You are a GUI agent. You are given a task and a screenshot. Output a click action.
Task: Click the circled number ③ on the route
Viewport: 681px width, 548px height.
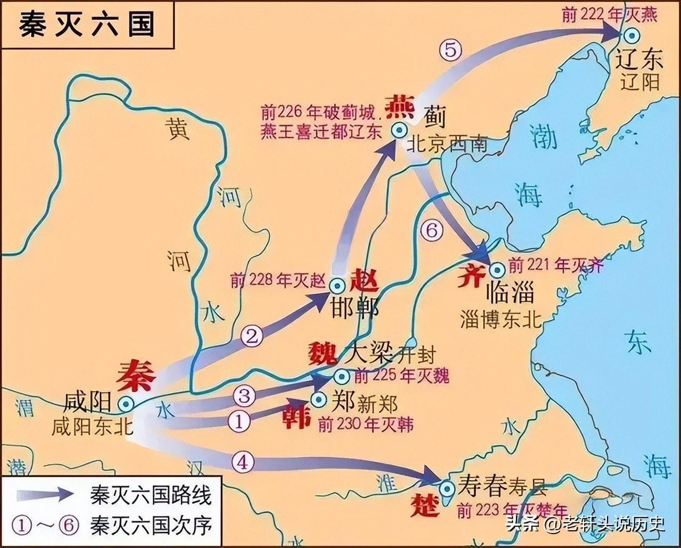[244, 396]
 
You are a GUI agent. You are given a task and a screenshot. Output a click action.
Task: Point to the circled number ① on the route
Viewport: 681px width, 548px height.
[239, 421]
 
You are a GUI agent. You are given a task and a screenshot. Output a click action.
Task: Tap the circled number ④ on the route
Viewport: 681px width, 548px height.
[243, 462]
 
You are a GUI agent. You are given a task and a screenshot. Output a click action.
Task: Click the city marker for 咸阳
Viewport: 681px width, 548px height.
[126, 404]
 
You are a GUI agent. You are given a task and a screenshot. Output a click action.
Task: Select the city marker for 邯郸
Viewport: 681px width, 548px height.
[337, 286]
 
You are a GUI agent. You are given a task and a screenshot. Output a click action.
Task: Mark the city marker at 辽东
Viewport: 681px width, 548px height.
[632, 36]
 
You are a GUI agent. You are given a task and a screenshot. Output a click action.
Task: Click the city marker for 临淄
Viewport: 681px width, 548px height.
[497, 270]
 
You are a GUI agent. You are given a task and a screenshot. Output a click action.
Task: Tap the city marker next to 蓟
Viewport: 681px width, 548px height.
[398, 130]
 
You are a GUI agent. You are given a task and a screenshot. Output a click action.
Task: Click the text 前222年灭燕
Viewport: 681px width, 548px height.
[609, 14]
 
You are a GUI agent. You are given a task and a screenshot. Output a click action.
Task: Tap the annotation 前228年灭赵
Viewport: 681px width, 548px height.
[278, 280]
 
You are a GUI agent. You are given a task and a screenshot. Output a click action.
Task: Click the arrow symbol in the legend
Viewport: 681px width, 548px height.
[45, 494]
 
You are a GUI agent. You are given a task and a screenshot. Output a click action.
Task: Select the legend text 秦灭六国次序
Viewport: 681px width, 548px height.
[151, 525]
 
